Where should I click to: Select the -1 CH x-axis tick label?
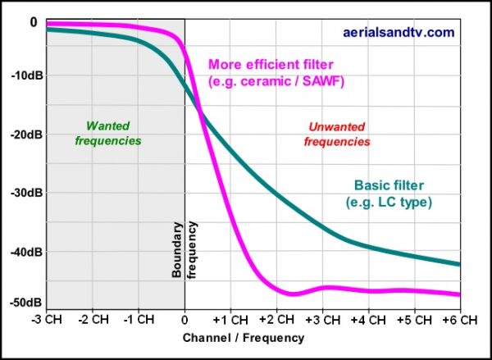139,319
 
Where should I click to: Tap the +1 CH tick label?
230,319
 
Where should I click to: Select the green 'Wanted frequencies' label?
108,134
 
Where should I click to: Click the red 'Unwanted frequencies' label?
337,134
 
